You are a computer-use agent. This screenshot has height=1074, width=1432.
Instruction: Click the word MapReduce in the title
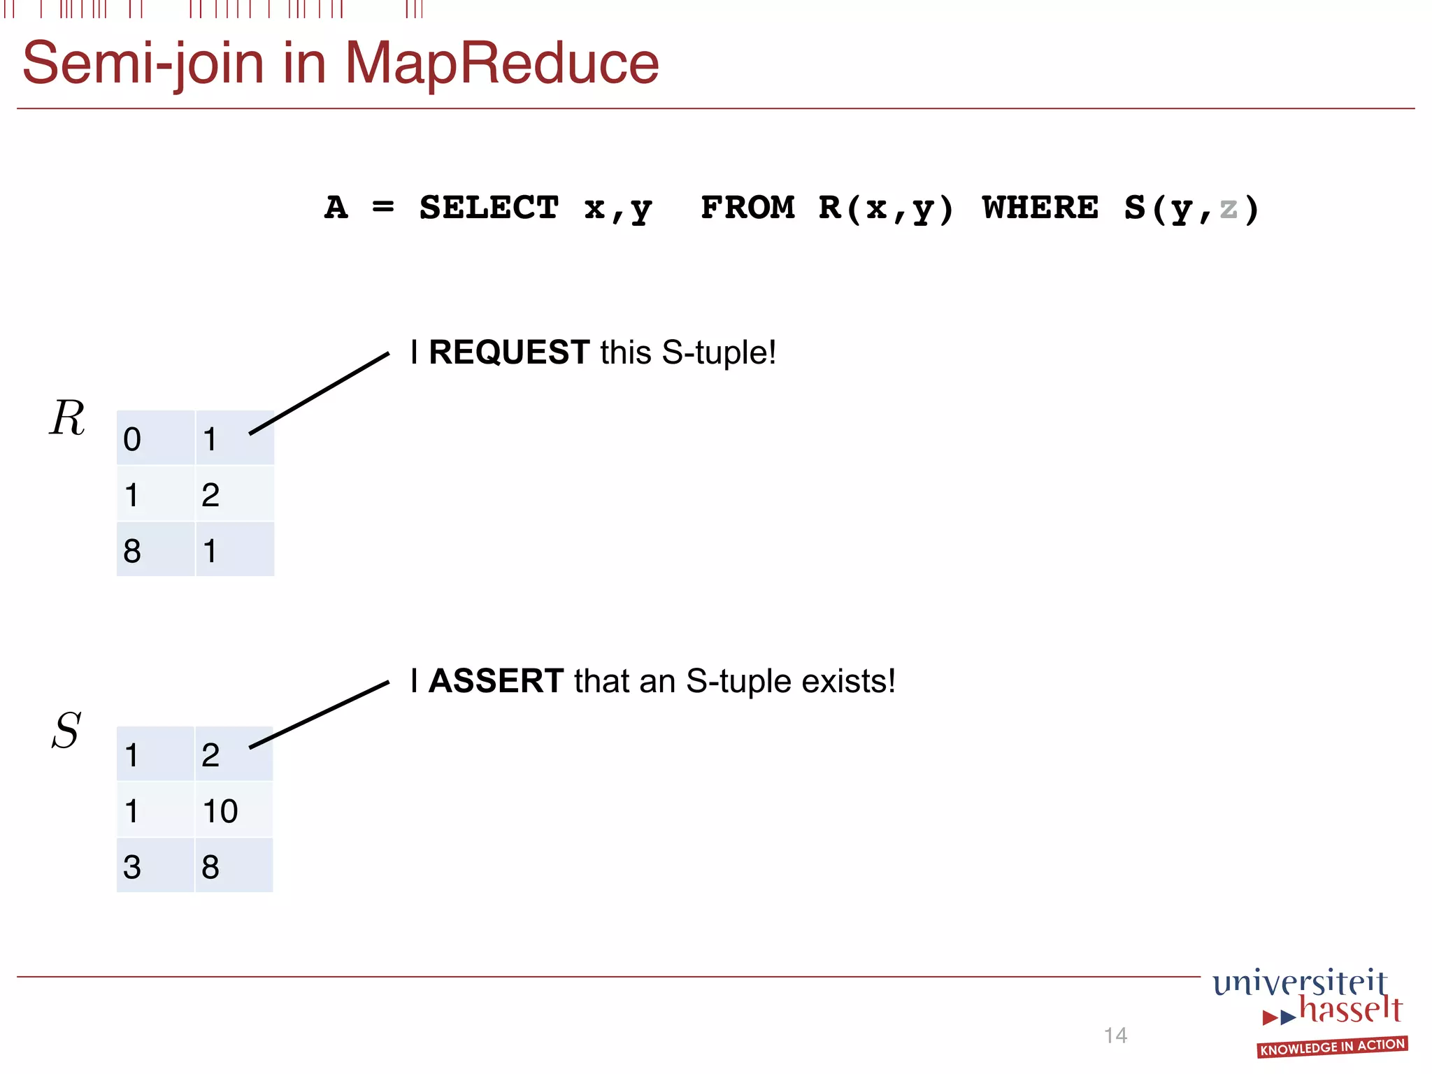[501, 63]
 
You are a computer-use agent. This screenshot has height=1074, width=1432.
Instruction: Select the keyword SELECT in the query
[489, 208]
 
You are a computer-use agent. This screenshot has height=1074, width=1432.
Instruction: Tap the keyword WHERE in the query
[1040, 208]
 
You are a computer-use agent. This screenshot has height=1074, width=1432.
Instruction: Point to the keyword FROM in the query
[747, 208]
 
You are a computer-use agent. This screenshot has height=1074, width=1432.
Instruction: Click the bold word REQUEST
[509, 352]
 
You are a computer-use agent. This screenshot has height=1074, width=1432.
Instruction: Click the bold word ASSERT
[496, 680]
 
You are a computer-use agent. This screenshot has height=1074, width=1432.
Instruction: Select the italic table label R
[67, 418]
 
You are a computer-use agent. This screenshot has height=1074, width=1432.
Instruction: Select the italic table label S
[66, 731]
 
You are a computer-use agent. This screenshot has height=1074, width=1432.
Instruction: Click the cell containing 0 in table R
[155, 438]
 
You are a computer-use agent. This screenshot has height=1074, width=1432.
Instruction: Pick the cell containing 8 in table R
[155, 550]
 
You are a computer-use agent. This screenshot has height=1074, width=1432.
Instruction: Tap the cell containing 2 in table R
[234, 494]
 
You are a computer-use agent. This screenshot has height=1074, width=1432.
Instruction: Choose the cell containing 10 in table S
[233, 810]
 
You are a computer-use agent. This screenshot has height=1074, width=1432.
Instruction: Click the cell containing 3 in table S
[155, 866]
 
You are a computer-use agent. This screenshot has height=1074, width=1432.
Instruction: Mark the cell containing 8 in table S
[233, 866]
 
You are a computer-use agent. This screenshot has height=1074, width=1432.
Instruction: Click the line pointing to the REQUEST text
[319, 394]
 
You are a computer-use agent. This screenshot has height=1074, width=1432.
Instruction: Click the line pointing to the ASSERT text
[319, 715]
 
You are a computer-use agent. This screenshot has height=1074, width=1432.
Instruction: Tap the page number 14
[1115, 1035]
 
